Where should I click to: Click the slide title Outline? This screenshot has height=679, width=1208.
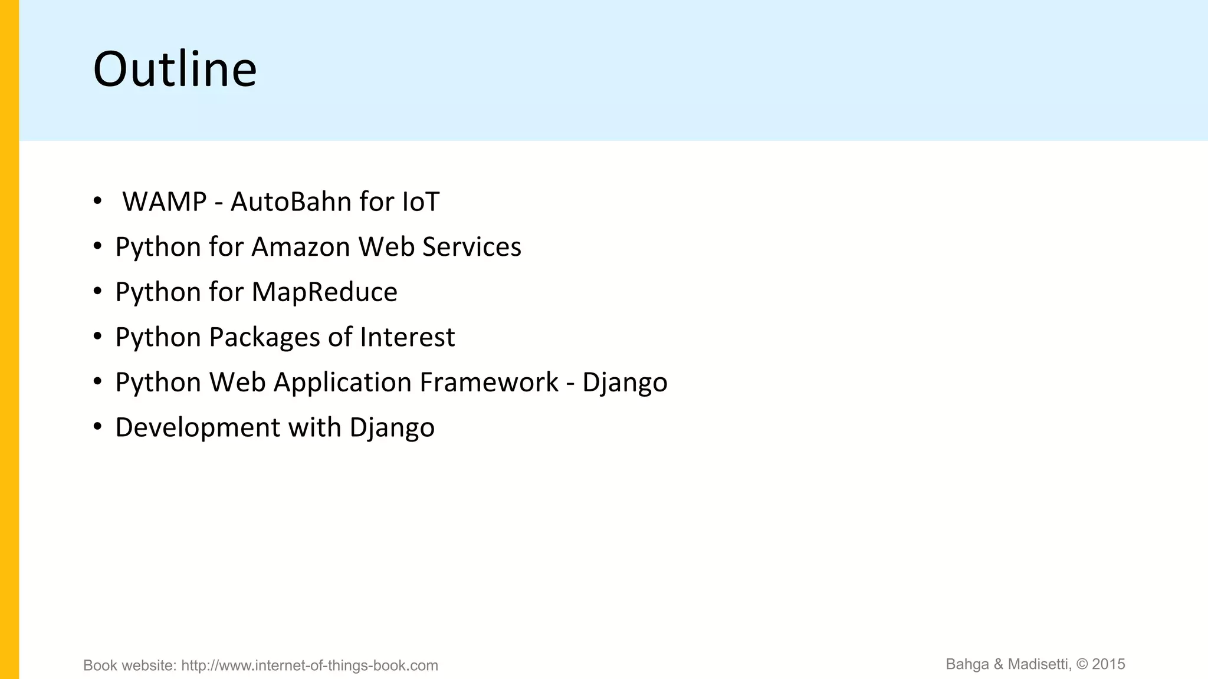[175, 70]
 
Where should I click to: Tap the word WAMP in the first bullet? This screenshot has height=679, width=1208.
[164, 202]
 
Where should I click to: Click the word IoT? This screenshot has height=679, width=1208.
[420, 202]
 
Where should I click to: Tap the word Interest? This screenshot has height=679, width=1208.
[407, 338]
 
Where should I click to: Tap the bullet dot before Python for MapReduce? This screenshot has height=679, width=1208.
[98, 291]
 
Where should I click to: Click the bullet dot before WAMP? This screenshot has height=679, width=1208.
[98, 201]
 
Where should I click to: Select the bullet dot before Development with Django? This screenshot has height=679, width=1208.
[98, 427]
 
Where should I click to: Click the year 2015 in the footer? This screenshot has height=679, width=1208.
[1108, 664]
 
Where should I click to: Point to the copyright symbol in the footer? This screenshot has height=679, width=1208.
[1082, 664]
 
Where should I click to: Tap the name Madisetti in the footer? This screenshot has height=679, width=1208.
[1038, 664]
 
